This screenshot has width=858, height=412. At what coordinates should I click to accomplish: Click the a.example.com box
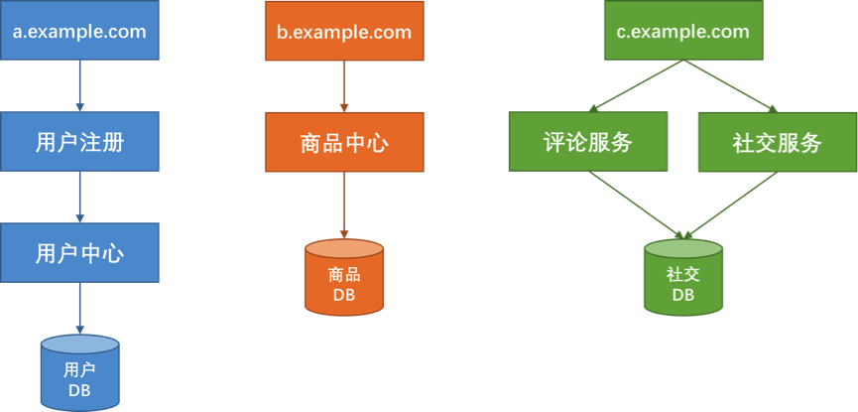coord(79,31)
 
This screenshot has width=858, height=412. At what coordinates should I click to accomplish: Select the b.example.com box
coord(343,31)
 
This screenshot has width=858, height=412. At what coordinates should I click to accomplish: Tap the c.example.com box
coord(682,31)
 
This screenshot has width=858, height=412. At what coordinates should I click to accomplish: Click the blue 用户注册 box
coord(79,141)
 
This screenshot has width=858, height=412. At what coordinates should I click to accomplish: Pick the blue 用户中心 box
coord(79,252)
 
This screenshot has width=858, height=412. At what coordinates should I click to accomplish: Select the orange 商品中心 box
coord(343,141)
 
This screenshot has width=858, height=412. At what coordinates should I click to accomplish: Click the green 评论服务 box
coord(588,141)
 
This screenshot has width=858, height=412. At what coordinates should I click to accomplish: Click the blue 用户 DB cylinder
coord(79,373)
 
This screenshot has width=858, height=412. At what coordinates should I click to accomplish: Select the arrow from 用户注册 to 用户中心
coord(79,197)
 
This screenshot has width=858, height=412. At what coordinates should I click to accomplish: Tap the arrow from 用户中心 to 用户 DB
coord(79,309)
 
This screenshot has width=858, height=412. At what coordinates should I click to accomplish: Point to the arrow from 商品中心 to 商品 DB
coord(343,205)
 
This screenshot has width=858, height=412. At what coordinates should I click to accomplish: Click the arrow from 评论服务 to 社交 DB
coord(635,205)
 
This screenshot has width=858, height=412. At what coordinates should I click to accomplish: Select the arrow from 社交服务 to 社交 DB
coord(731,205)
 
